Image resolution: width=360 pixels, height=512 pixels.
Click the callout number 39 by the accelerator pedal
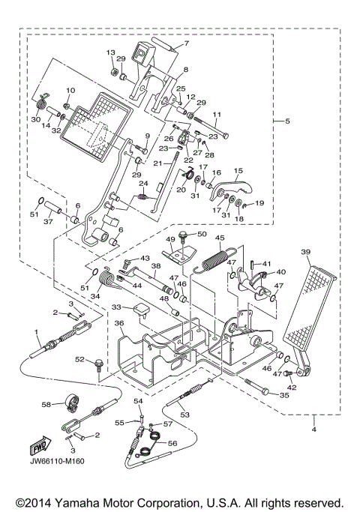[306, 253]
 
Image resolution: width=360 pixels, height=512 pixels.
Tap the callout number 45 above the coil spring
[220, 239]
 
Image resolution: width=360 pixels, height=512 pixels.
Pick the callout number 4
[315, 430]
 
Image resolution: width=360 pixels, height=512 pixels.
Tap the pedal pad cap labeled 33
[140, 310]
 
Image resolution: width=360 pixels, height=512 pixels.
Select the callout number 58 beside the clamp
[46, 404]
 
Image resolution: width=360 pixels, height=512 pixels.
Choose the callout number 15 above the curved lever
[239, 171]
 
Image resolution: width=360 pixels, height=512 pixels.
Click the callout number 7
[187, 44]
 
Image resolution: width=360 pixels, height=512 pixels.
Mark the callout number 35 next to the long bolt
[284, 394]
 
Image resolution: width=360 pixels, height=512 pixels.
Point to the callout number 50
[202, 235]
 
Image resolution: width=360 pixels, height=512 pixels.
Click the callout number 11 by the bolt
[218, 115]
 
